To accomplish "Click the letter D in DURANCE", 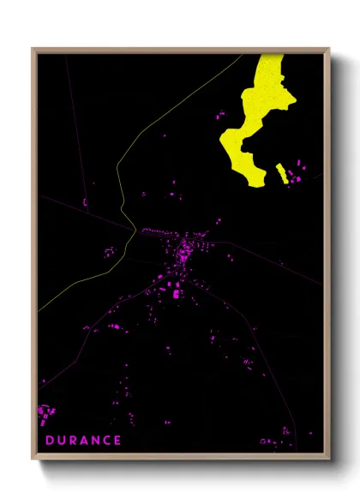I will tap(50, 441).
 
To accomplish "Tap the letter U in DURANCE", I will tap(62, 441).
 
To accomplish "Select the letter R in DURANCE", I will tap(74, 441).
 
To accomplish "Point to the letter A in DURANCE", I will tap(86, 441).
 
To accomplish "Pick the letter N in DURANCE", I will tap(97, 441).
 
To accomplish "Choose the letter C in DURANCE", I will tap(108, 441).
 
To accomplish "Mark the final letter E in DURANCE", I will tap(118, 441).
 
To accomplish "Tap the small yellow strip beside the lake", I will tap(281, 173).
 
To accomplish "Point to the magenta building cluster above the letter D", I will tap(45, 416).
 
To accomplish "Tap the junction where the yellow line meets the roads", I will tap(134, 229).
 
